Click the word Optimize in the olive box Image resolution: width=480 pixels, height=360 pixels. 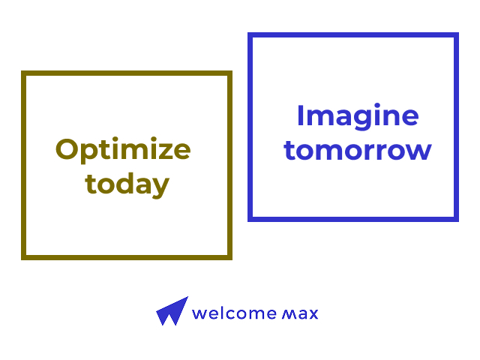(123, 150)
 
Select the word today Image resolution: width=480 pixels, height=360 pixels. (127, 184)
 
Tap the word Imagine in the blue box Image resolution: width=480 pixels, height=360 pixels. (358, 117)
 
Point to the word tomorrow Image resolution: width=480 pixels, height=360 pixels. (358, 150)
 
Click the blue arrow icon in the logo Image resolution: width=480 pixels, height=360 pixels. (172, 311)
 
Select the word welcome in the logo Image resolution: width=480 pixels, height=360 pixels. (234, 313)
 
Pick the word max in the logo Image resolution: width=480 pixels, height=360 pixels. (300, 314)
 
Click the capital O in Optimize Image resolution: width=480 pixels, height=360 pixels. (67, 149)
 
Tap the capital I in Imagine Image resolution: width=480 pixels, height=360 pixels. (300, 115)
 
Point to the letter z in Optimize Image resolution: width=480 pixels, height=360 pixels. (166, 151)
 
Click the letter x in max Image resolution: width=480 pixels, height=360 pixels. (313, 314)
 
